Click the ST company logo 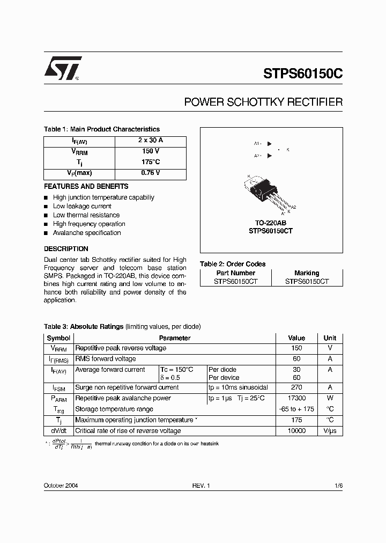(62, 68)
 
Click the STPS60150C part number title (302, 74)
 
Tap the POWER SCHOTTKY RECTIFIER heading (263, 102)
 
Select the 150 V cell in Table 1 (150, 151)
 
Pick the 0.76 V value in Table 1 (150, 173)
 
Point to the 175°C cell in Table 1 (150, 162)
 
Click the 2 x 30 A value (150, 141)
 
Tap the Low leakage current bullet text (82, 206)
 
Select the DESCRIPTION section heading (66, 249)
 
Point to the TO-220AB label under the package (271, 222)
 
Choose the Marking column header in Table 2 (307, 273)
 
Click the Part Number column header (235, 273)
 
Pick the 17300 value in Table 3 (296, 398)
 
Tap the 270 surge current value (296, 387)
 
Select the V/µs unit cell (330, 431)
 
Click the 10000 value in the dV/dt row (296, 431)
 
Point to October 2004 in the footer (61, 486)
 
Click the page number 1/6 (338, 486)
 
